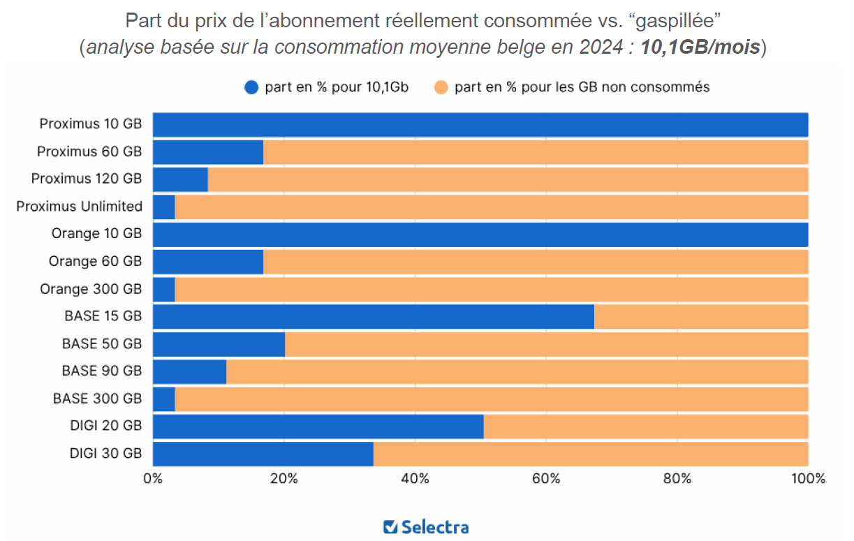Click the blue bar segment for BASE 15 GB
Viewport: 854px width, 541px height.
373,316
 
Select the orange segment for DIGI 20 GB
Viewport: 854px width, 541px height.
645,426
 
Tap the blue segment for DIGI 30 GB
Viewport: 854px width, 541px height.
263,454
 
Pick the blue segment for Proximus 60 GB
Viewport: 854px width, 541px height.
207,151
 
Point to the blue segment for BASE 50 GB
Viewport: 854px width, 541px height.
219,344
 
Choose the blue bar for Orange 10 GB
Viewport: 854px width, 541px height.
480,234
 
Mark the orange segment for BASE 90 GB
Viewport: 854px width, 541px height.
517,371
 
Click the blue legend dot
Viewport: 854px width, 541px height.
251,87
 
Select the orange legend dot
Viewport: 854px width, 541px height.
441,87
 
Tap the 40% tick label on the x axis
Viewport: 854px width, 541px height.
415,479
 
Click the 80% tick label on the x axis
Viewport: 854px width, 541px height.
677,479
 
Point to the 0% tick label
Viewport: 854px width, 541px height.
153,479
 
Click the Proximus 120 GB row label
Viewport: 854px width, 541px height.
87,179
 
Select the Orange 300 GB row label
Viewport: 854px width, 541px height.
91,289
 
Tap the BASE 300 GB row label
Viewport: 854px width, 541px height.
97,399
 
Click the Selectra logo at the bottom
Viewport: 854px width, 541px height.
426,527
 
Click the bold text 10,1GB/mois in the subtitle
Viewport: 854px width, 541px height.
700,48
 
